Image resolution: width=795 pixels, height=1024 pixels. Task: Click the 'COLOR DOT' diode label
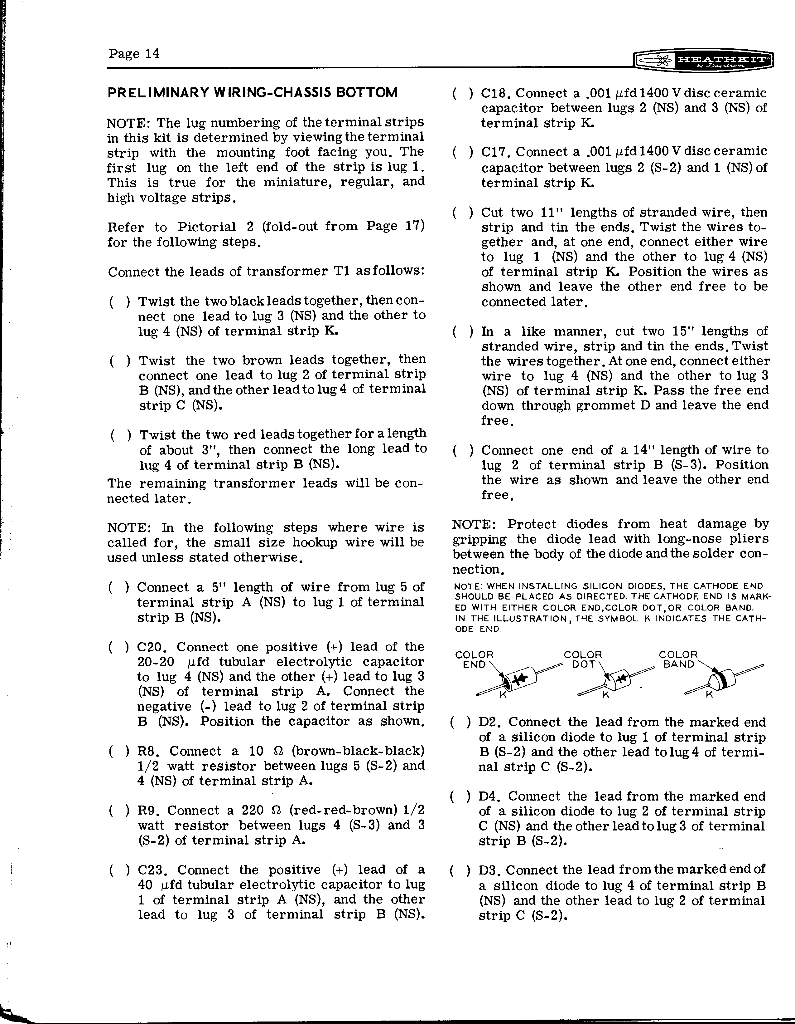point(582,659)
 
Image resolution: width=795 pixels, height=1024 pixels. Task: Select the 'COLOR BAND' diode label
point(678,659)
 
